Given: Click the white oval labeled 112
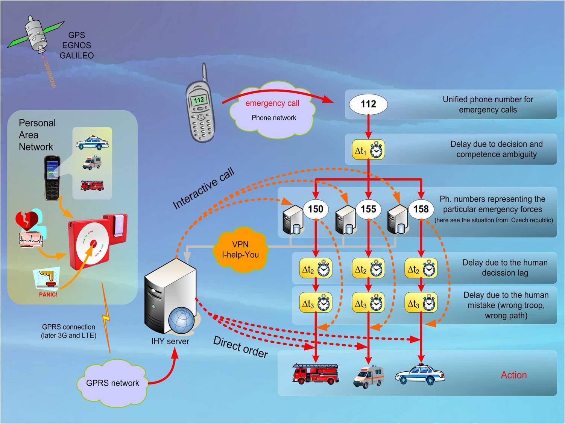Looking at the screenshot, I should coord(368,104).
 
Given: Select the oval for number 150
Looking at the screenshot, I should coord(315,209).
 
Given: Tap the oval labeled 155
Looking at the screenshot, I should coord(368,209).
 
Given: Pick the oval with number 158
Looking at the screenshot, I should coord(421,209).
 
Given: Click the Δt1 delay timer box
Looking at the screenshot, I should coord(368,150).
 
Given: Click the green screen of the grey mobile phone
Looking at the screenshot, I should coord(199,100).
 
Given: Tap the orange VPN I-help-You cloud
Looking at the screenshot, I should coord(240,249).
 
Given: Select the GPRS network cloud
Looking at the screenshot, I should coord(112,383).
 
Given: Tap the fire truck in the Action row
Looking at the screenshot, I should coord(316,374).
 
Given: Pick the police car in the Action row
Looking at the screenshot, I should coord(420,374).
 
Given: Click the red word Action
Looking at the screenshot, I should coord(513,375).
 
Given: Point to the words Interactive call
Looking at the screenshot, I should coord(204,188).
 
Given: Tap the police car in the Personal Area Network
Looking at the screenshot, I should coord(92,144).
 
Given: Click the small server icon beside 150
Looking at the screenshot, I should coord(293,220).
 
